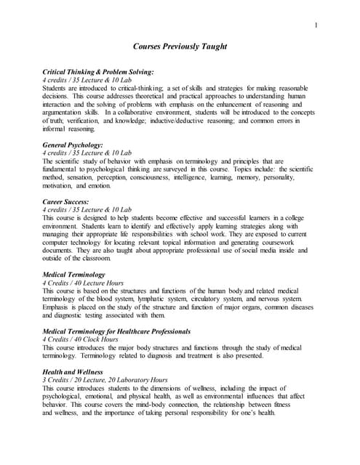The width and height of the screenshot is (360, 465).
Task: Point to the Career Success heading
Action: [x=66, y=201]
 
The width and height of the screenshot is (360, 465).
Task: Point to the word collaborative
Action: [x=146, y=113]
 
